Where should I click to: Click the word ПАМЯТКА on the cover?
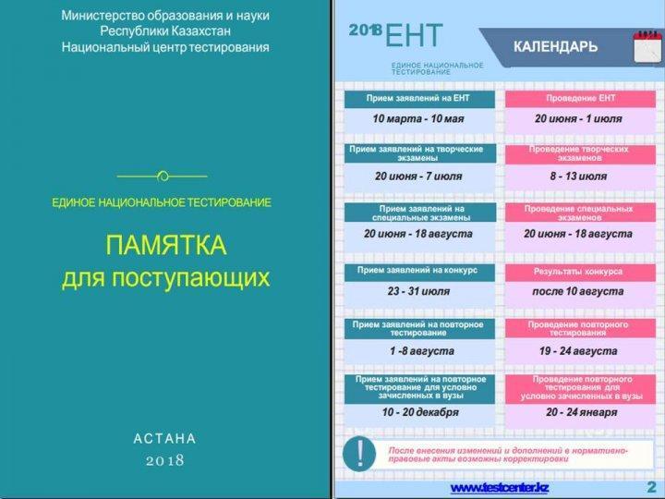point(166,245)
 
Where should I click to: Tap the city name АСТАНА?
point(164,438)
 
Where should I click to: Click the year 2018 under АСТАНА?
point(164,460)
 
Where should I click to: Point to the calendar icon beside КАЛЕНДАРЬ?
point(647,47)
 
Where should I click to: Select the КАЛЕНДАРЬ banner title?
point(556,46)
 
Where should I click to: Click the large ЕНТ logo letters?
point(414,36)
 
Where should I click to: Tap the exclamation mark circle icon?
point(359,454)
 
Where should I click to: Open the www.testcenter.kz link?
point(500,488)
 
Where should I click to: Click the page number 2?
point(651,487)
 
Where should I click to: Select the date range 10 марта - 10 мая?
point(418,119)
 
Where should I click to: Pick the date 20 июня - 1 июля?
point(578,119)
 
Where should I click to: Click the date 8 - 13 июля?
point(578,176)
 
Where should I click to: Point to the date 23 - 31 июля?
point(418,291)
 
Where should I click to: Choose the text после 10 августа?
point(578,291)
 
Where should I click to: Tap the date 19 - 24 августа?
point(578,351)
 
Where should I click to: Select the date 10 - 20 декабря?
point(420,412)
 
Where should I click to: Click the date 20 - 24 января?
point(582,412)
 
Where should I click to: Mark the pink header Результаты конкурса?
point(578,272)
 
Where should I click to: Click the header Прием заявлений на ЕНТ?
point(418,98)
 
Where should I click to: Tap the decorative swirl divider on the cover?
point(163,176)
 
